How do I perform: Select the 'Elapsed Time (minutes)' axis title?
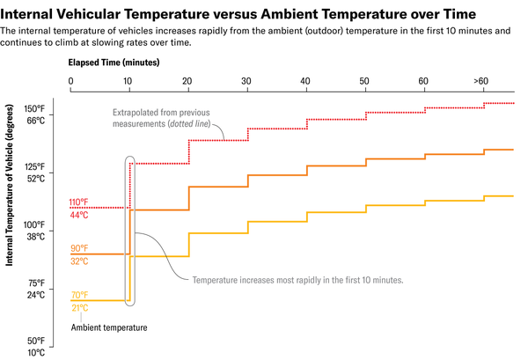(x=114, y=62)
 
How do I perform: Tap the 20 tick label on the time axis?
(x=187, y=81)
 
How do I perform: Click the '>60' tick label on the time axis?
(x=480, y=81)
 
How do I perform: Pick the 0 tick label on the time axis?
(x=70, y=81)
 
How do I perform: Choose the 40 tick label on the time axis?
(x=305, y=81)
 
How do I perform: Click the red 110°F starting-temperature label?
(x=80, y=202)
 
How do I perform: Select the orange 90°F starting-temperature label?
(x=80, y=249)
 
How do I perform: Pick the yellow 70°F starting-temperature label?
(x=80, y=295)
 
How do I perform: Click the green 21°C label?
(x=80, y=307)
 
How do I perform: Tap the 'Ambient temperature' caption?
(x=109, y=327)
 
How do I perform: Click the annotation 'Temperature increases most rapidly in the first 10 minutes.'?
(x=297, y=280)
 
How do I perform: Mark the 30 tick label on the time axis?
(x=246, y=81)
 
